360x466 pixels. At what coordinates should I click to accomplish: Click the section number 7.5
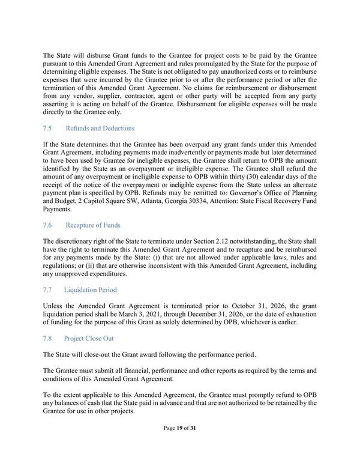tap(49, 128)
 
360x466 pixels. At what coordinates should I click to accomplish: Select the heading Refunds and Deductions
tap(100, 128)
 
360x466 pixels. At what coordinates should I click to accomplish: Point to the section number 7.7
tap(49, 289)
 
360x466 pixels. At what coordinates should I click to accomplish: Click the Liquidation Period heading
tap(91, 289)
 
